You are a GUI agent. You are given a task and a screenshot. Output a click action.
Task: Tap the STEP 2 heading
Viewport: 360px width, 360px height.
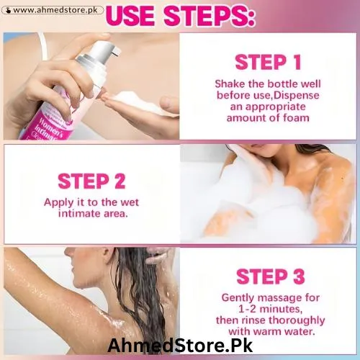92,181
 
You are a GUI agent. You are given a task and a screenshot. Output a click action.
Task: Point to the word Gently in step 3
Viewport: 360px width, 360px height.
240,297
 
